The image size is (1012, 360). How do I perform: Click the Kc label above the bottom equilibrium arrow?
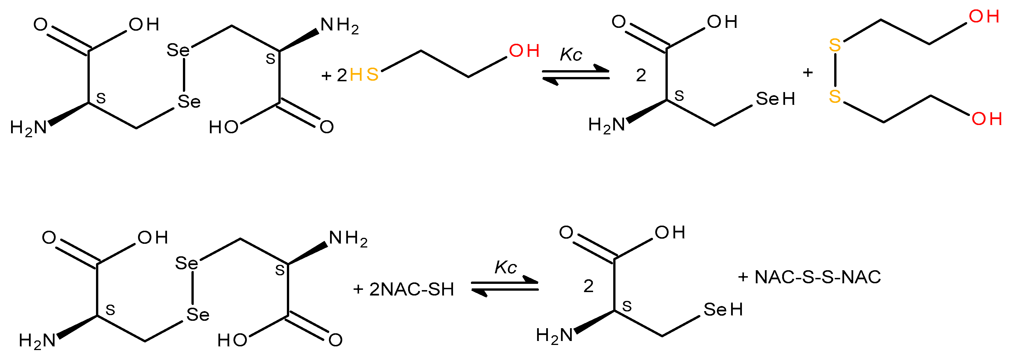[505, 268]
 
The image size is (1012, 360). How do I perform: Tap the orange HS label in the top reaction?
[364, 74]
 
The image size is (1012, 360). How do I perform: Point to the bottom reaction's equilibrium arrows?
[504, 286]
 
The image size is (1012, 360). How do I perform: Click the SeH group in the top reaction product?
[775, 99]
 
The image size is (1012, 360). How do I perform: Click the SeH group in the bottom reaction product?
[723, 310]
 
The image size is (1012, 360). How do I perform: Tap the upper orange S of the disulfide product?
[835, 45]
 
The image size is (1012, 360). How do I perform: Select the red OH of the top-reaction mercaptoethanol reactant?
[524, 51]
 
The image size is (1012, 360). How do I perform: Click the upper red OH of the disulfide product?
[984, 16]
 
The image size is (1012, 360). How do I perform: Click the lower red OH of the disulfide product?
[987, 119]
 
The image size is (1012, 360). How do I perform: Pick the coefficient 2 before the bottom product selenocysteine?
[588, 286]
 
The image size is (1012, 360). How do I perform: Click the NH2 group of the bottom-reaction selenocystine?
[348, 239]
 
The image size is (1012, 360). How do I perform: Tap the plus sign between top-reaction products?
[808, 73]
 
